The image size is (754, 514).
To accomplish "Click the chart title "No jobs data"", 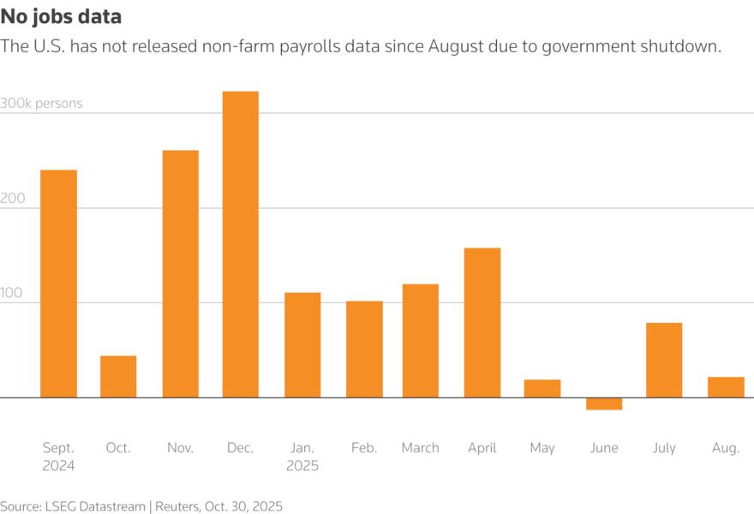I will point(60,16).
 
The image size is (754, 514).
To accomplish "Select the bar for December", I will point(241,244).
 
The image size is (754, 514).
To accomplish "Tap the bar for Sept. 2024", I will point(58,284).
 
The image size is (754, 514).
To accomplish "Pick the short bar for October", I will point(118,376).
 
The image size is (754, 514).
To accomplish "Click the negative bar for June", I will point(604,403).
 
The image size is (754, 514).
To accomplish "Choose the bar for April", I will point(482,322).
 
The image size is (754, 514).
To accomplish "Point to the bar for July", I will point(664,360).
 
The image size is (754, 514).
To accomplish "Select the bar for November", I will point(180,273).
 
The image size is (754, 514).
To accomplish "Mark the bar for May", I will point(542,388).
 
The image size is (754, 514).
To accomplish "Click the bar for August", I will point(726,387).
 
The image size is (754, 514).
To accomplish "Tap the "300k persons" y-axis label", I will point(42,104).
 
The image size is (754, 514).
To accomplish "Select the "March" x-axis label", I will point(420,448).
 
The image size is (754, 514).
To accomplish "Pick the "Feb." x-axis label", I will point(364,448).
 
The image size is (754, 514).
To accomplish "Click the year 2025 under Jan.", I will point(302,466).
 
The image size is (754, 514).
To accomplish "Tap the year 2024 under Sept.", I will point(58,466).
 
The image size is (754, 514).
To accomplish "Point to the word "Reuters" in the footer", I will point(179,506).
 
